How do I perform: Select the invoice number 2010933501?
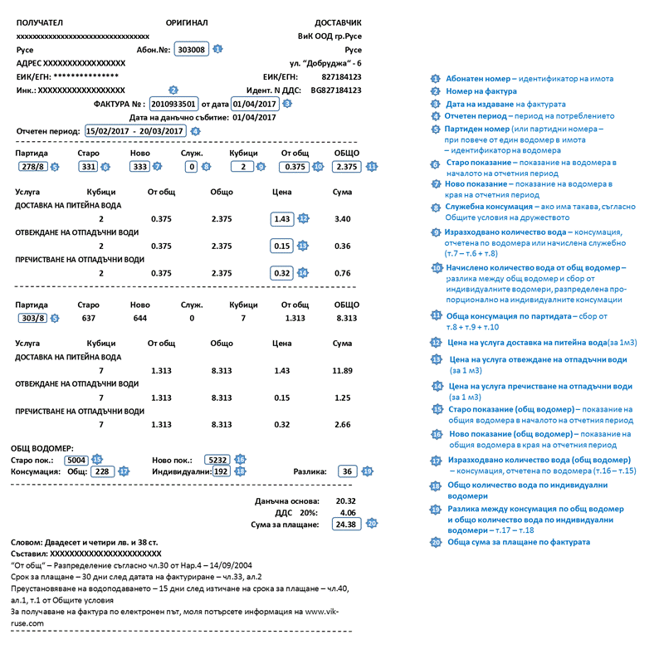pos(173,104)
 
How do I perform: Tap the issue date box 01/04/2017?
pos(254,104)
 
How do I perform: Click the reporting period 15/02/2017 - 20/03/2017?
pos(134,131)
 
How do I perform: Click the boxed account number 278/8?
pos(32,167)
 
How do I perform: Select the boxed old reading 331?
pos(88,167)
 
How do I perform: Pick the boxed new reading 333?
pos(139,167)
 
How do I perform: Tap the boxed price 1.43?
pos(282,218)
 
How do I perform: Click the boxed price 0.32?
pos(282,272)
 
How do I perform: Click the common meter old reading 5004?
pos(76,459)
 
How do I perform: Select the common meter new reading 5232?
pos(217,459)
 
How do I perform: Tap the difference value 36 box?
pos(348,471)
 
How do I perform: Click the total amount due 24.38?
pos(345,525)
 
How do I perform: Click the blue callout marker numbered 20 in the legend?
pos(436,542)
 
